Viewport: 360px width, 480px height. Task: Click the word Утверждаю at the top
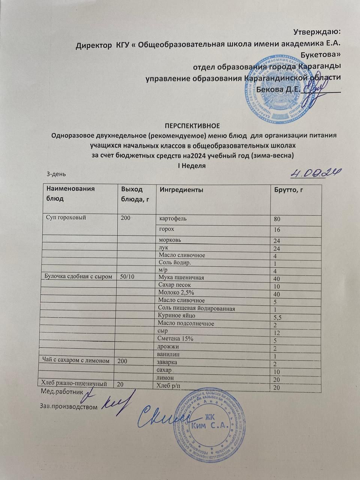317,31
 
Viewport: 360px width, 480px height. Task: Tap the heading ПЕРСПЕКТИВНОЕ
192,125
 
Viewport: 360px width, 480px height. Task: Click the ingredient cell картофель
173,218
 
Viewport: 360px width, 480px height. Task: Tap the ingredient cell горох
167,229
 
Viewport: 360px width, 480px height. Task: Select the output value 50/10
128,277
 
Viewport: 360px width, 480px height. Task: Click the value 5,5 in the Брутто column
278,317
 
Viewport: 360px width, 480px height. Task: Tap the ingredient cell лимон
165,377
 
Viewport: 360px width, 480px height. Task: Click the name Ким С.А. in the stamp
210,426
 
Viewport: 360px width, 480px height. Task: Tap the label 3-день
56,174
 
